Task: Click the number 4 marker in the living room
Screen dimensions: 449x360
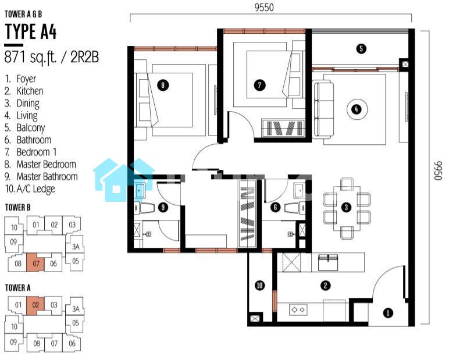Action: pos(356,109)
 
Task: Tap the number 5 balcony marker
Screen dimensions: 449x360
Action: pos(361,48)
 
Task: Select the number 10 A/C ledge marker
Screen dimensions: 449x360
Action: pos(259,285)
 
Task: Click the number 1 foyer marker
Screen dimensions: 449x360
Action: pos(388,313)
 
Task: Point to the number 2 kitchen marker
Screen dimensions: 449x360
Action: pos(325,285)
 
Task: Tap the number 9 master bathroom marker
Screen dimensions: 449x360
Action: pos(163,207)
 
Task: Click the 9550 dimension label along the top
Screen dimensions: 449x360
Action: pos(264,8)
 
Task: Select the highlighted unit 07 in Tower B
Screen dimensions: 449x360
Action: pos(35,262)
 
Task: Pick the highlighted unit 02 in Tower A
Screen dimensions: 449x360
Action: pos(35,305)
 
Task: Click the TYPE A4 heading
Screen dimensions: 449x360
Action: pos(31,31)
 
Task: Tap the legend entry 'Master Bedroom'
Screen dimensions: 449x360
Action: pos(46,165)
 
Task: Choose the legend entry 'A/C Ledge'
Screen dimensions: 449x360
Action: pos(36,189)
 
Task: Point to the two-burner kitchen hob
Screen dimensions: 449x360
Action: pos(298,309)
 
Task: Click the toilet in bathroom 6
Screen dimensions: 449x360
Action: pos(295,208)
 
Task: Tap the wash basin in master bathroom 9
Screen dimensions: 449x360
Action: pos(140,190)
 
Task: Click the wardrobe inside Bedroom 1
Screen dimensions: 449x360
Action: pos(283,128)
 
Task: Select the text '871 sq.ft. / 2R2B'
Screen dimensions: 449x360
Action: pos(52,57)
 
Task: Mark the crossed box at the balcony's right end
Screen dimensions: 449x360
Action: pos(405,65)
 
